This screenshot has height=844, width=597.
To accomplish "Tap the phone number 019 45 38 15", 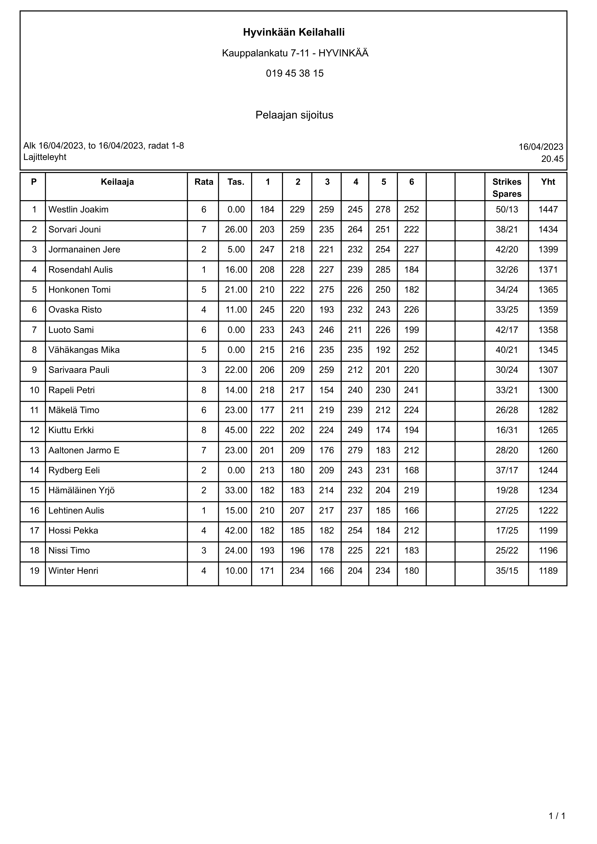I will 295,73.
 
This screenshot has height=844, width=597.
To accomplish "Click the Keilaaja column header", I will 117,182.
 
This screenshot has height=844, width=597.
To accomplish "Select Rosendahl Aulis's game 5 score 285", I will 383,270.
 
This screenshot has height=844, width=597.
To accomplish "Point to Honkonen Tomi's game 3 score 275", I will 327,290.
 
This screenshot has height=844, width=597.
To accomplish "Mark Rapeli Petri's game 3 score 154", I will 327,390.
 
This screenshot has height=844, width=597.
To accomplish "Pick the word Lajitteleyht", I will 45,157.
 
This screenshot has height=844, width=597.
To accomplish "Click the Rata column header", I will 204,182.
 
